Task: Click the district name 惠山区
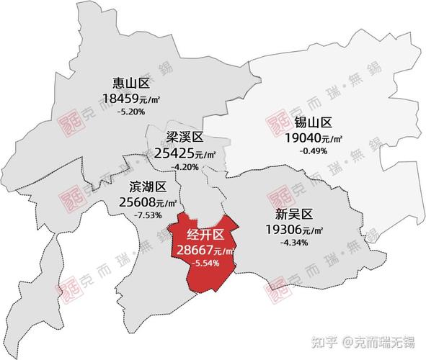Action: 130,84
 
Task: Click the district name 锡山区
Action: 314,122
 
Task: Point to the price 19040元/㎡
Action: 314,138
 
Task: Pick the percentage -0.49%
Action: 314,150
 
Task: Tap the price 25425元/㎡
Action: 186,153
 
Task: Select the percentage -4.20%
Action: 185,166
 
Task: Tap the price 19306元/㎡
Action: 293,229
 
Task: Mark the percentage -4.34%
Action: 293,242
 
